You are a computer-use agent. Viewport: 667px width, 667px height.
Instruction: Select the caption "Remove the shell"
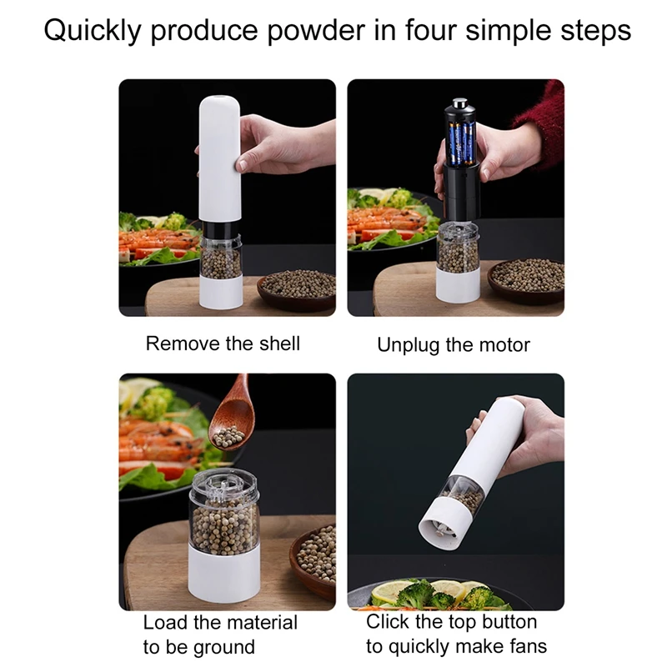(x=223, y=344)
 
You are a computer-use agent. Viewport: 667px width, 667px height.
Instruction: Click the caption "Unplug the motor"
(x=454, y=344)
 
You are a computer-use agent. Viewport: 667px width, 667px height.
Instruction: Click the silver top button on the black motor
(x=458, y=106)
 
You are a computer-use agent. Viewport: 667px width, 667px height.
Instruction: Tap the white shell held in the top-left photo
(x=218, y=158)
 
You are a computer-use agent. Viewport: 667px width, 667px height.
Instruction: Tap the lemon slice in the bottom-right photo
(x=387, y=594)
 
